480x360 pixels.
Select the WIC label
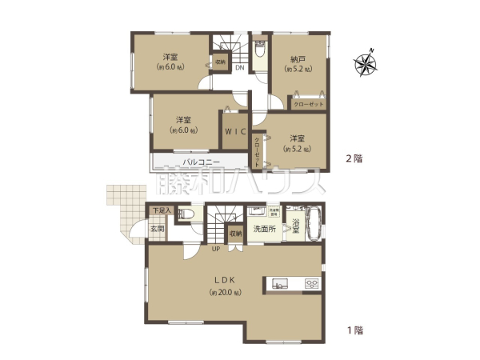[235, 131]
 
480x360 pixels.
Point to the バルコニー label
[196, 162]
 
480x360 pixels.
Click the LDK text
[224, 279]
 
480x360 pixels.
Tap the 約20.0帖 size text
[224, 293]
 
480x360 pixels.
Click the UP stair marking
[216, 249]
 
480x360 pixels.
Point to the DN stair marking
[239, 69]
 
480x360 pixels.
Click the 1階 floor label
[353, 329]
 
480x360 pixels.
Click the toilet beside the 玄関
[185, 214]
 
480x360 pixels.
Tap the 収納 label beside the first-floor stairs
[235, 234]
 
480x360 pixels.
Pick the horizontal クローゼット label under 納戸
[308, 104]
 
